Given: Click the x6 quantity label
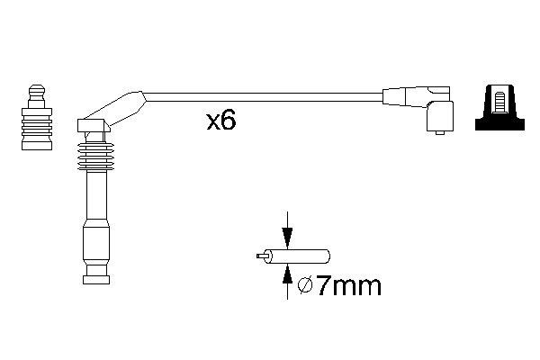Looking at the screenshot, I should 220,121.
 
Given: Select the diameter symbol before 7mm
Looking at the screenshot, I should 304,286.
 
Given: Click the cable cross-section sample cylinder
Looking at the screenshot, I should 301,256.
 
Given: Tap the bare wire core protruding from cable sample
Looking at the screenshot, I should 264,256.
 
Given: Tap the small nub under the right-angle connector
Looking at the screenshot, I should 438,134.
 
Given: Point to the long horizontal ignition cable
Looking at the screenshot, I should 261,94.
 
